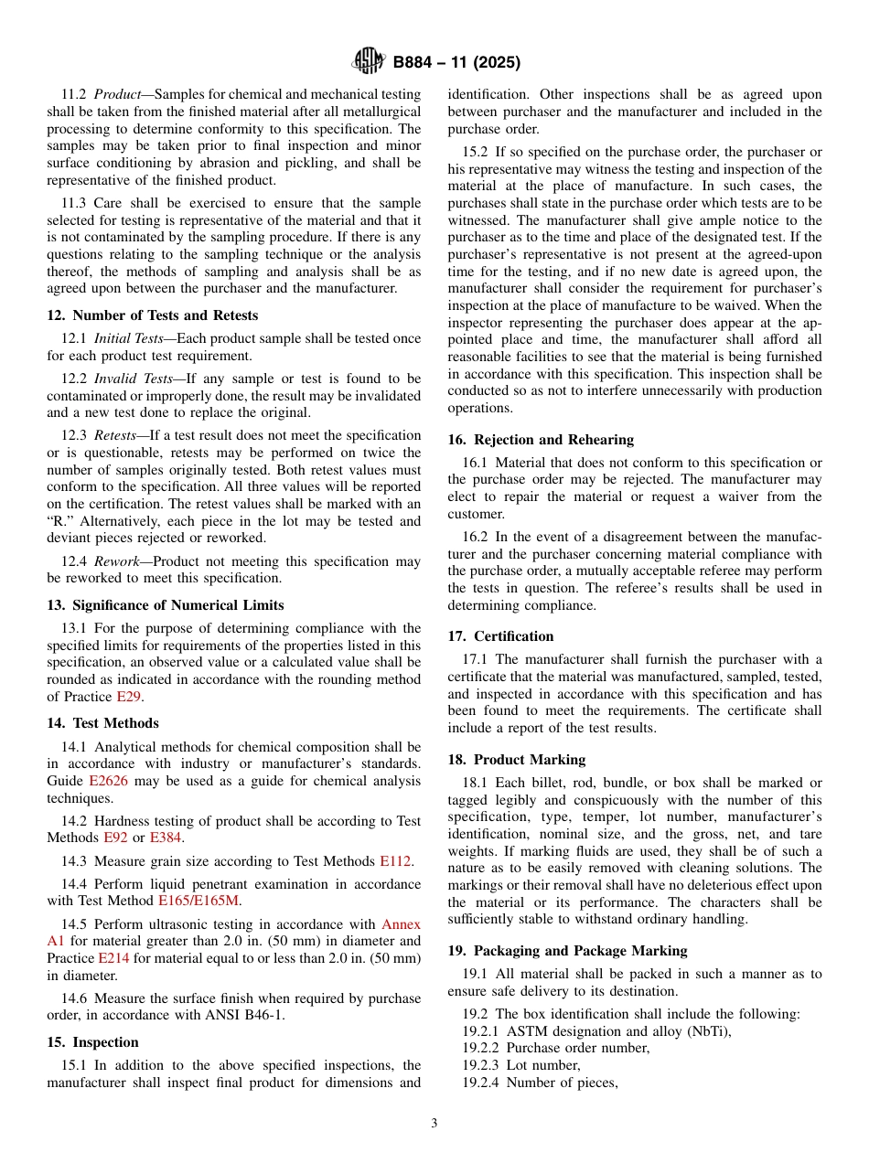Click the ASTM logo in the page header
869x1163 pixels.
click(369, 62)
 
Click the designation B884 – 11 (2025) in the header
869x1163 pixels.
click(456, 63)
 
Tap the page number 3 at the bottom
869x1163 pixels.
click(434, 1124)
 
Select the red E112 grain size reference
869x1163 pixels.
click(395, 861)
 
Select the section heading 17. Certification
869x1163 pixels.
click(500, 636)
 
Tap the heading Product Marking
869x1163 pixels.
click(517, 760)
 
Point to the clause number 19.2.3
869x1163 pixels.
click(480, 1065)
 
